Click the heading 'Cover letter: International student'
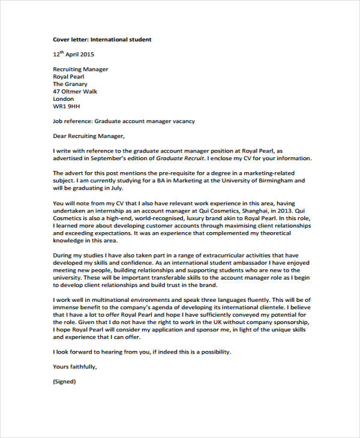pos(102,40)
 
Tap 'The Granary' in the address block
pos(71,84)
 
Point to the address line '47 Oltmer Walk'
pos(75,92)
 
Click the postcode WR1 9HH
pos(67,107)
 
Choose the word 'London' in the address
pos(64,99)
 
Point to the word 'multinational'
pos(115,299)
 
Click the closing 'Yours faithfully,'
pos(74,366)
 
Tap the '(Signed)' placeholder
pos(65,381)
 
